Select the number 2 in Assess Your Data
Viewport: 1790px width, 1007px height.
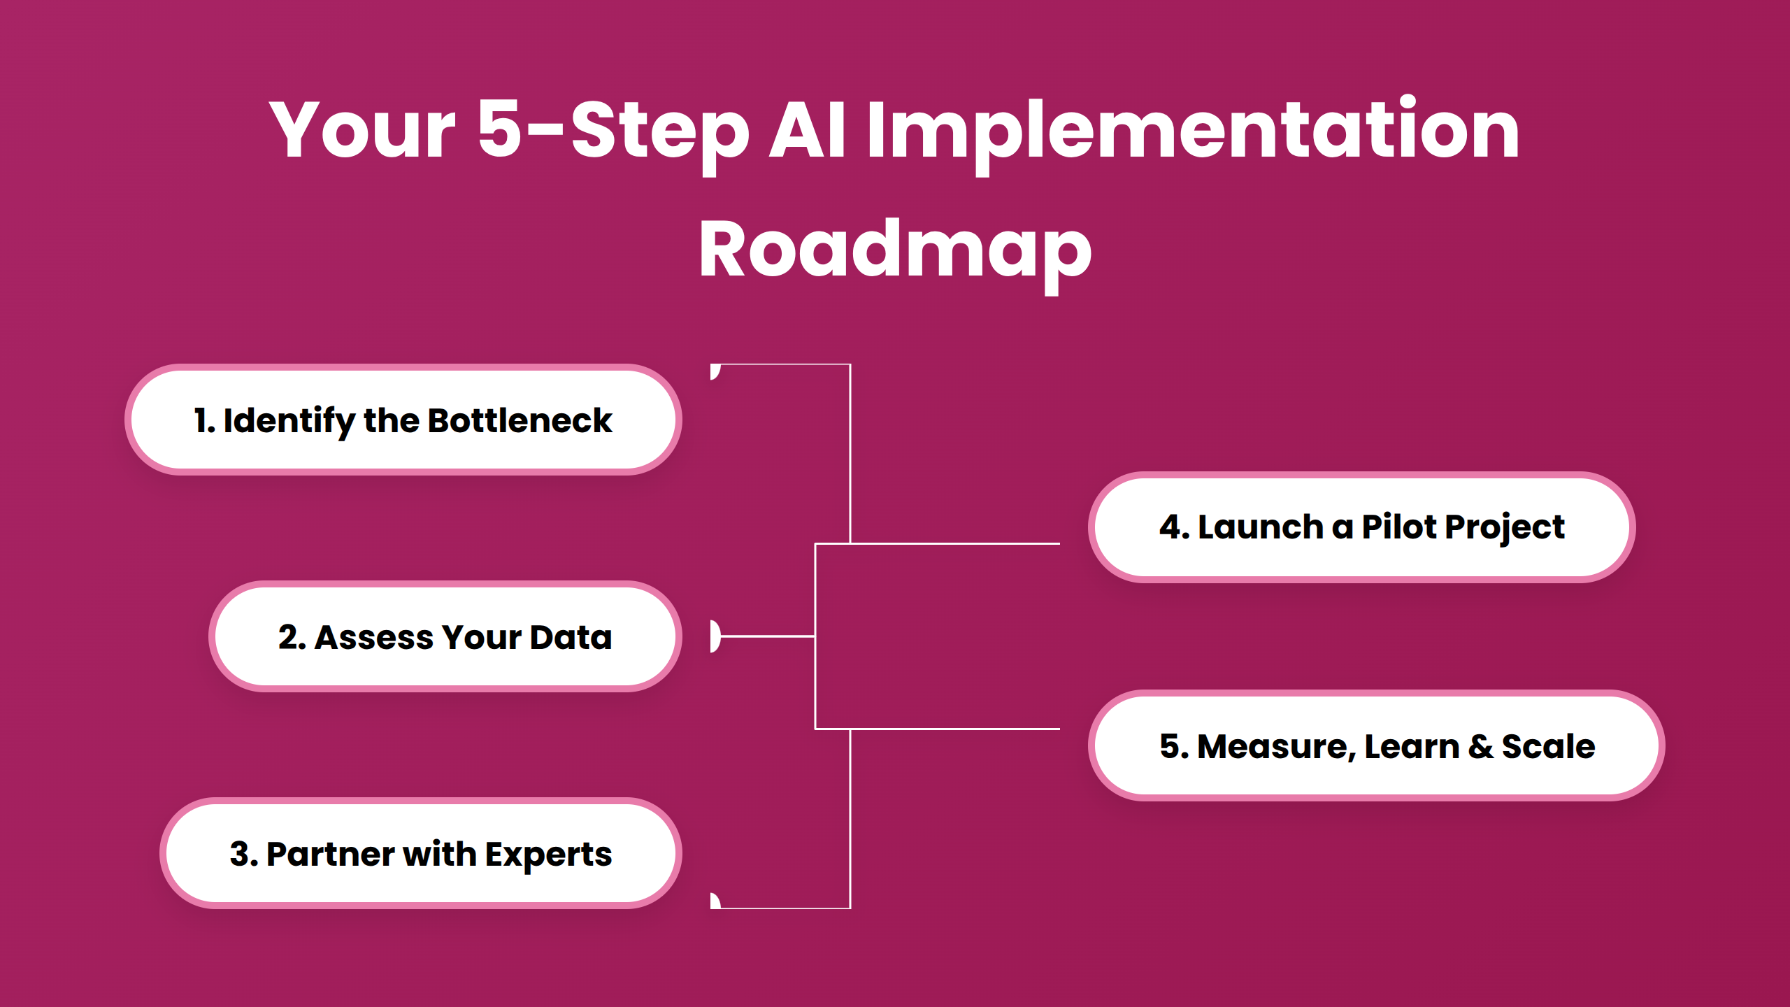pyautogui.click(x=288, y=637)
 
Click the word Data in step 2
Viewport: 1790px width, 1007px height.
pyautogui.click(x=571, y=637)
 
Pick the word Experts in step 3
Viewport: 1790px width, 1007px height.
pyautogui.click(x=548, y=854)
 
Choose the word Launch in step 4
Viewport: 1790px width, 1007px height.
pyautogui.click(x=1261, y=527)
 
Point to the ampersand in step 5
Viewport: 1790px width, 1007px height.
pyautogui.click(x=1480, y=746)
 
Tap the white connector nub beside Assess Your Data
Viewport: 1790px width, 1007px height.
pyautogui.click(x=715, y=636)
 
